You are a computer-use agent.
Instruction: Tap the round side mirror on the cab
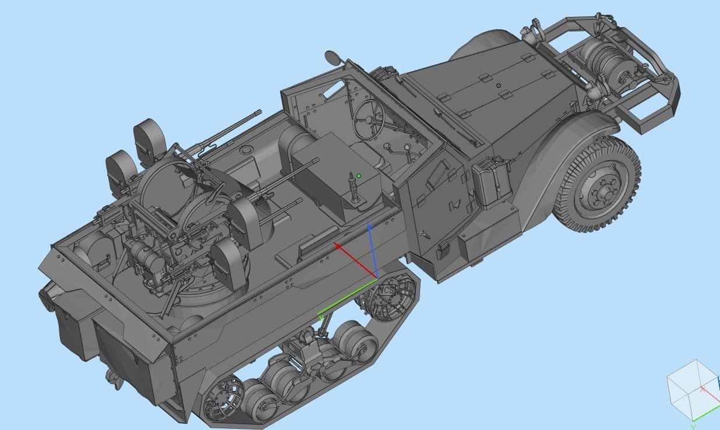[x=332, y=57]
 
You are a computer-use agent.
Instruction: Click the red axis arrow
[x=355, y=260]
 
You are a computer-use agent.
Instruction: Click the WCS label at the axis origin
[x=386, y=290]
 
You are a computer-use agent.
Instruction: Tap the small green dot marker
[x=359, y=176]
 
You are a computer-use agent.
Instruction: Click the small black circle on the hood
[x=499, y=86]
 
